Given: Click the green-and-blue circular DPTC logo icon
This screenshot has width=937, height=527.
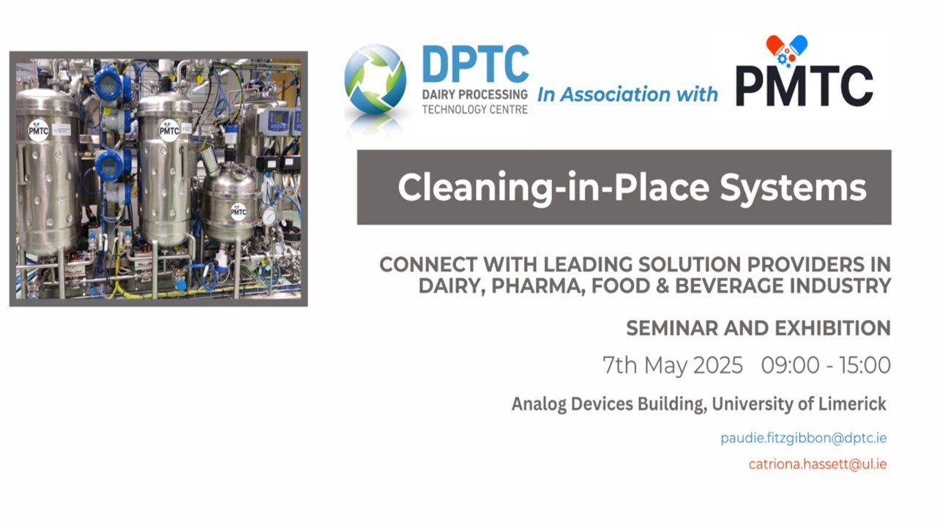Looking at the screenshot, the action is [x=375, y=80].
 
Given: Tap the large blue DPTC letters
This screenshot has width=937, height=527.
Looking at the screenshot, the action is [x=476, y=64].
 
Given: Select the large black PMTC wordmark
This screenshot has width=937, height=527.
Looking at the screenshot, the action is [x=804, y=86].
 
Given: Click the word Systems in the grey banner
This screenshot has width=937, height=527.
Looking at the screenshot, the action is [x=793, y=188].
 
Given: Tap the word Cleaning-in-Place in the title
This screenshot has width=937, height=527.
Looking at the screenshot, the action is [x=553, y=187].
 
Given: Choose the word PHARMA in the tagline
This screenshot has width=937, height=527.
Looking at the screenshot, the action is [x=538, y=286].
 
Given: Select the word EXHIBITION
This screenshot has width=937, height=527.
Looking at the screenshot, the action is [x=832, y=328].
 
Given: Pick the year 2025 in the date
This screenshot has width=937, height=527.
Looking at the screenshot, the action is [x=718, y=365].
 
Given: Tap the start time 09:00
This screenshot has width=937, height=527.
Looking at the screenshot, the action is [x=790, y=365].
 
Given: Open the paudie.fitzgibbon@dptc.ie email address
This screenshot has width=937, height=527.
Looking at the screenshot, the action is [x=803, y=438].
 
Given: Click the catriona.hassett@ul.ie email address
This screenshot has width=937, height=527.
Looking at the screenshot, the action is [x=818, y=464].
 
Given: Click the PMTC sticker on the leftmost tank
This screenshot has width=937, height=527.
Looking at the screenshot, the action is [x=39, y=131].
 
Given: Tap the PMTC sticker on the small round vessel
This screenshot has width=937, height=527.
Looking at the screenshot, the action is [x=239, y=212].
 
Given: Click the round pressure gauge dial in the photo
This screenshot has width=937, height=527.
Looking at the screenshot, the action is [x=269, y=216].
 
